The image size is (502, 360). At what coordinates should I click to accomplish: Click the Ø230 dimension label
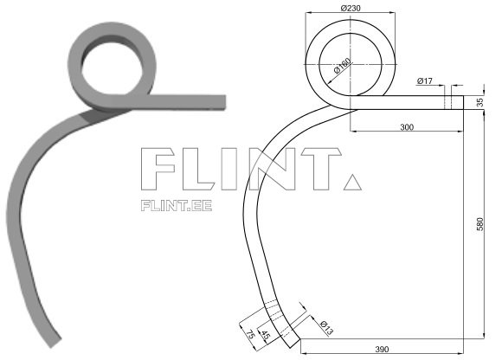[x=351, y=8]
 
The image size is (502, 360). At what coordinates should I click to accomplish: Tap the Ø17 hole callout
[x=425, y=80]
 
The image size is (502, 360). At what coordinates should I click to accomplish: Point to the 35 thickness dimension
[x=480, y=102]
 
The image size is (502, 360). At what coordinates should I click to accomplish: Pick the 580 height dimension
[x=480, y=223]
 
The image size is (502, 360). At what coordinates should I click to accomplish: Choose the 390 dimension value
[x=383, y=349]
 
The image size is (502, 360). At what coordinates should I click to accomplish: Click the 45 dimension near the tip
[x=265, y=334]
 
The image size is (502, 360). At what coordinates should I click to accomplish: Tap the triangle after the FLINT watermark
[x=351, y=182]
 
